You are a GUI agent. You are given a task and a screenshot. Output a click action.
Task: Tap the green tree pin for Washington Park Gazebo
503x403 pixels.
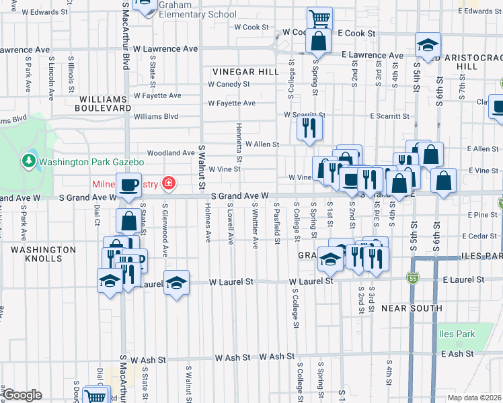pos(28,161)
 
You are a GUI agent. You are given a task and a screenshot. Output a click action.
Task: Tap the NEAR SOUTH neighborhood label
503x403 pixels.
pos(412,308)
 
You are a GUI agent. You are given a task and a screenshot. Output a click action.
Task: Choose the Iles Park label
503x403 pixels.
pos(458,334)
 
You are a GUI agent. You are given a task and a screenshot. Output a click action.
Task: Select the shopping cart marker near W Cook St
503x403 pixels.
pos(319,18)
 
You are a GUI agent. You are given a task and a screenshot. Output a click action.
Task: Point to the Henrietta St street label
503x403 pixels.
pos(239,138)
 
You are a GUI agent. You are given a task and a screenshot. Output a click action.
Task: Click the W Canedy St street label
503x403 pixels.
pos(229,85)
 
